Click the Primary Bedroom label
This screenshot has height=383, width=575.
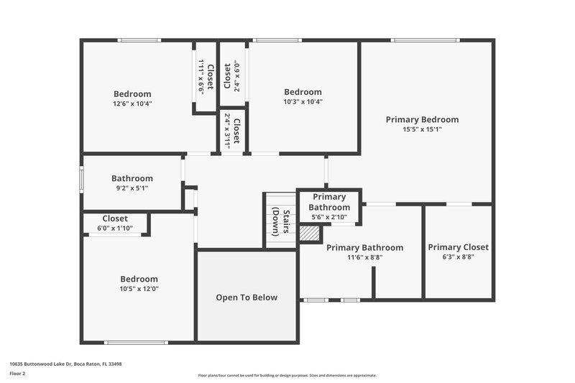(x=422, y=119)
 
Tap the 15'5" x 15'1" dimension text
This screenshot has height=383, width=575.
(x=422, y=130)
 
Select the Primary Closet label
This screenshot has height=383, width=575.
(x=458, y=247)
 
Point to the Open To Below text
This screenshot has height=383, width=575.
(x=247, y=297)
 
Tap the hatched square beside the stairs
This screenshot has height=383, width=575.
(x=308, y=234)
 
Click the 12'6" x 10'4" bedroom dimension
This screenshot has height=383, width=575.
(x=132, y=103)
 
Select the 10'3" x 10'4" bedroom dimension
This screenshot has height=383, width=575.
(x=303, y=102)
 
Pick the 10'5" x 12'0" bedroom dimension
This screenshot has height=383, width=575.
(x=139, y=289)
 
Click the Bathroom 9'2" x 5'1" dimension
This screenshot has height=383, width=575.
(x=132, y=189)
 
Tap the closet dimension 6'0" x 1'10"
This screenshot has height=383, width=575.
(x=115, y=228)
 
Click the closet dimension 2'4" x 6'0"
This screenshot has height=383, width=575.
(x=236, y=75)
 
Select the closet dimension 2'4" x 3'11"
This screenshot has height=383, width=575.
(x=228, y=130)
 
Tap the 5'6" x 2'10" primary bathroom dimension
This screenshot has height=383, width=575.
(x=329, y=217)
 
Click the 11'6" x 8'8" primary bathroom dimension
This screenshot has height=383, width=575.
(x=364, y=257)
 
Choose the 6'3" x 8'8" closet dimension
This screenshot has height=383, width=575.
(x=458, y=257)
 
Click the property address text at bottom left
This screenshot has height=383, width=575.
(x=65, y=364)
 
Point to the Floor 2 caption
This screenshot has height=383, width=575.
(x=17, y=374)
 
